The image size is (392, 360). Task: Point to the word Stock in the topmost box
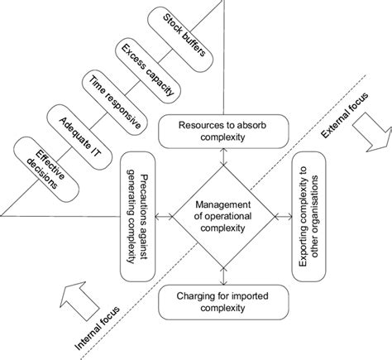click(x=170, y=20)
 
